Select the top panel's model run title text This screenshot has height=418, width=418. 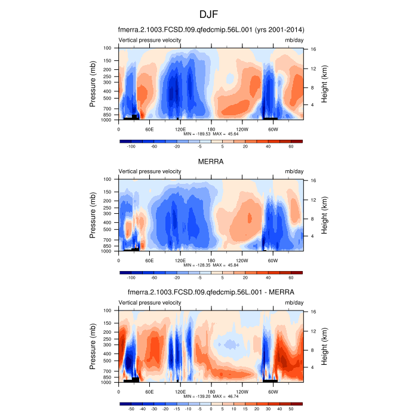click(210, 29)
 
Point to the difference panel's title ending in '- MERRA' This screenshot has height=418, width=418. click(210, 292)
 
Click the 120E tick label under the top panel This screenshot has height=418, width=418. click(180, 129)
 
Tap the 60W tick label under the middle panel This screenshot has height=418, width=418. click(272, 260)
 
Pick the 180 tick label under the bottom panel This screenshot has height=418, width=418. click(211, 392)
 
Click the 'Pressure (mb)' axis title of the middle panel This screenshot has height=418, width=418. click(93, 215)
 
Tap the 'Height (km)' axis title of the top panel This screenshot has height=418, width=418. click(324, 84)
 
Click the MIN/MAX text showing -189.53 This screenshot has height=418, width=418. click(210, 134)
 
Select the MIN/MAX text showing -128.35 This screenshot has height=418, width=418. click(210, 266)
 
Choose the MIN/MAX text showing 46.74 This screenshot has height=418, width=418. click(210, 397)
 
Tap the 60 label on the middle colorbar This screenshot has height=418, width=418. click(291, 278)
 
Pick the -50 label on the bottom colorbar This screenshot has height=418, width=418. click(131, 410)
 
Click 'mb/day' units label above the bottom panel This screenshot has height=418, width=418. click(293, 303)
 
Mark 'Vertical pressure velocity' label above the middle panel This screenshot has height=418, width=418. click(150, 171)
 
